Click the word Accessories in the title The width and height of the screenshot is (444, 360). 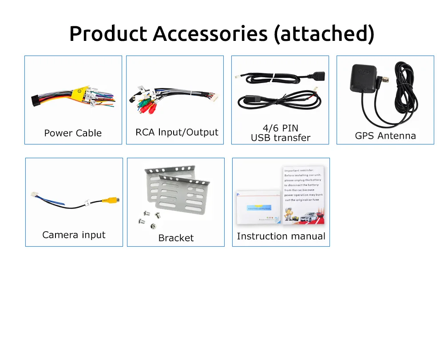[210, 34]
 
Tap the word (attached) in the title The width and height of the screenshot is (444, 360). [324, 34]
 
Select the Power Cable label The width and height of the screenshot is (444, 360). [73, 133]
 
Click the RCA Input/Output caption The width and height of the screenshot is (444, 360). [177, 132]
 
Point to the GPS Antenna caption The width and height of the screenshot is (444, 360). [385, 136]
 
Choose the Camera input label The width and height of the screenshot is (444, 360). [74, 235]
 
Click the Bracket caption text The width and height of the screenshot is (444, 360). [176, 238]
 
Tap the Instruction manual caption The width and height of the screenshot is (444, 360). [281, 236]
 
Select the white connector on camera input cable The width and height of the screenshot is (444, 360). [34, 195]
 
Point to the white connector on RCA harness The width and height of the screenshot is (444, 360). [211, 96]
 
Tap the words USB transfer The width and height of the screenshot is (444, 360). [281, 138]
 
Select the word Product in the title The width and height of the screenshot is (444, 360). [108, 34]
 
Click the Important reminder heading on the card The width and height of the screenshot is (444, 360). [299, 170]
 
